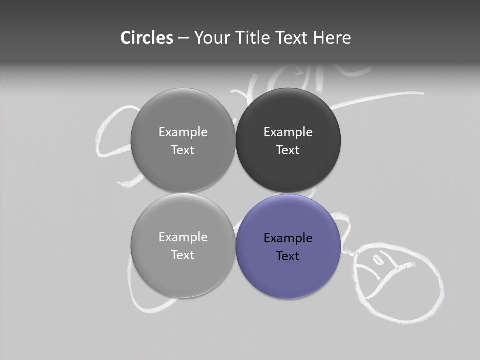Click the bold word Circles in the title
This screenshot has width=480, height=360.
tap(146, 38)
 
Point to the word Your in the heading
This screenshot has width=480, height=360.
tap(212, 38)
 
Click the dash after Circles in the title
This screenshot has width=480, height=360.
tap(183, 38)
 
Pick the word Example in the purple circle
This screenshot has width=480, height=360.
tap(288, 238)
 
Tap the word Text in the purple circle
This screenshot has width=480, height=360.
tap(288, 256)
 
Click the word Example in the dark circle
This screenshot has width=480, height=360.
tap(288, 132)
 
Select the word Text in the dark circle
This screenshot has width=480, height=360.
tap(288, 150)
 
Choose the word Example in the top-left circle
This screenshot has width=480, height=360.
tap(183, 132)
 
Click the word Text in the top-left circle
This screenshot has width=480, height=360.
tap(183, 150)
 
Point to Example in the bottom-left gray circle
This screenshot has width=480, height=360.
tap(183, 237)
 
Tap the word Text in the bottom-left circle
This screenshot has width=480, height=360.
tap(183, 255)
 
